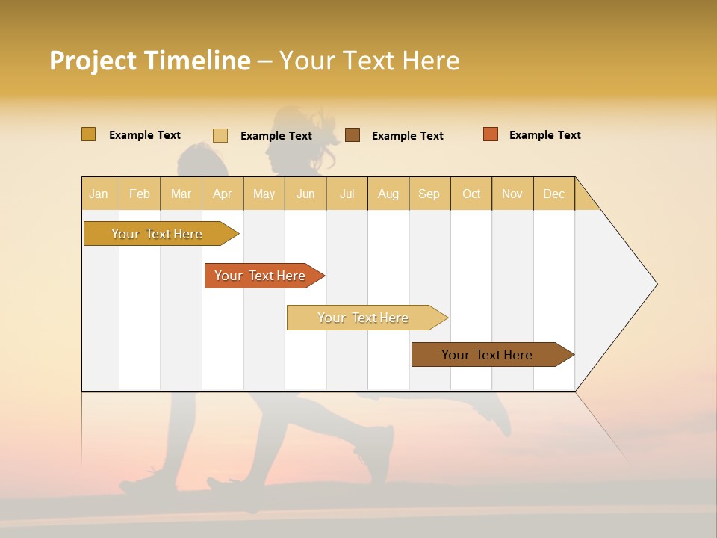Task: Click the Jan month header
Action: click(99, 194)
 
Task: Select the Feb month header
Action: click(140, 194)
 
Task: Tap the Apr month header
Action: click(222, 194)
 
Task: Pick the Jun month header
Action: click(305, 194)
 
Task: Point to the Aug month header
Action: click(388, 194)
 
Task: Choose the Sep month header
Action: click(429, 194)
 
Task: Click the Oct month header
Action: click(471, 194)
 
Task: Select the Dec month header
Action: click(553, 194)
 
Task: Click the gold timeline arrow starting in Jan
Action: click(158, 234)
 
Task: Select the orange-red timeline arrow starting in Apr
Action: click(261, 276)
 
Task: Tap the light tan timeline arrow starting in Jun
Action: click(364, 318)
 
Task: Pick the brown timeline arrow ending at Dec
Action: click(488, 355)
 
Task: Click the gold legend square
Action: click(88, 134)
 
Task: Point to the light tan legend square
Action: click(220, 135)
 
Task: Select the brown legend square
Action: click(353, 134)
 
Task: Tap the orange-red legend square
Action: click(490, 134)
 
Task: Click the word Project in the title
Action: click(93, 61)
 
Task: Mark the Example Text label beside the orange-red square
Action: click(544, 135)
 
